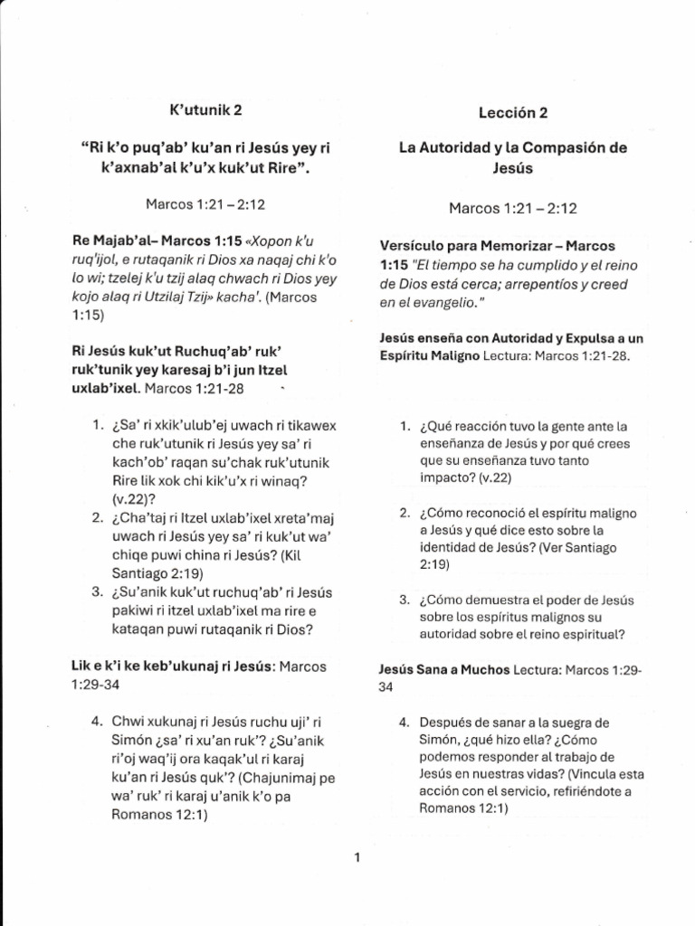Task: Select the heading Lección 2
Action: coord(513,113)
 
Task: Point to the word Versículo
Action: coord(414,246)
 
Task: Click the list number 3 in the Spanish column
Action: coord(405,600)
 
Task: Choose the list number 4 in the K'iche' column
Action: coord(96,721)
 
